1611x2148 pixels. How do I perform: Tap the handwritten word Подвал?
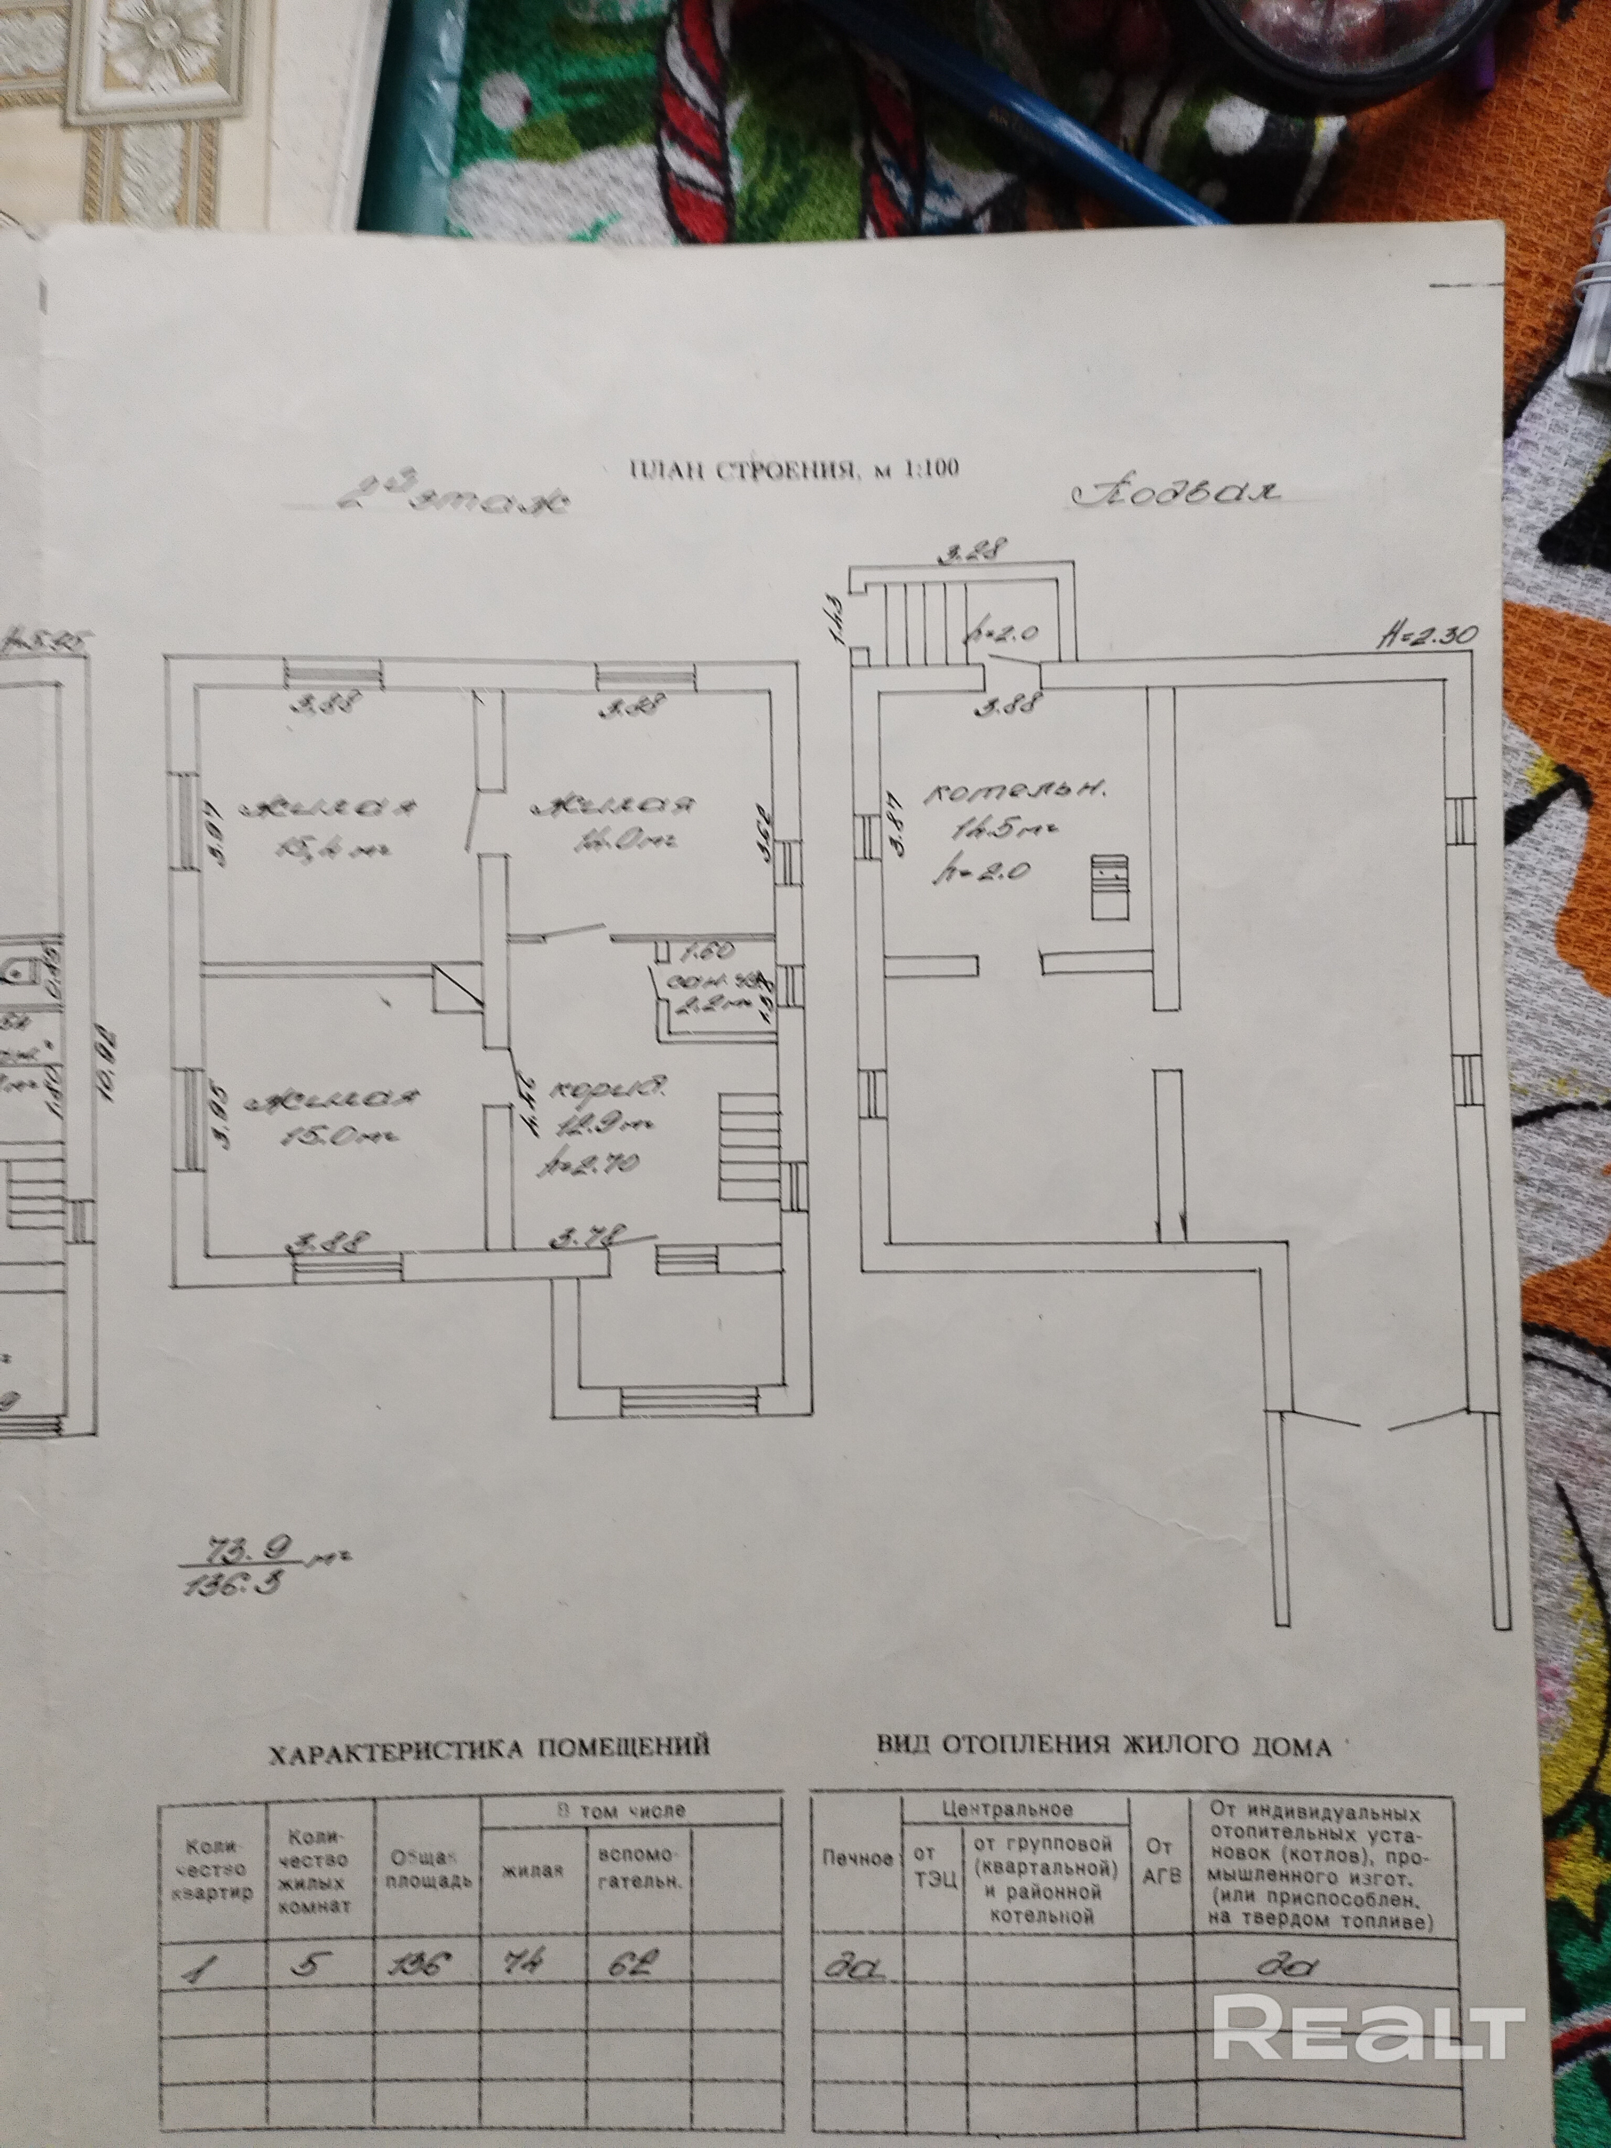pyautogui.click(x=1176, y=493)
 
